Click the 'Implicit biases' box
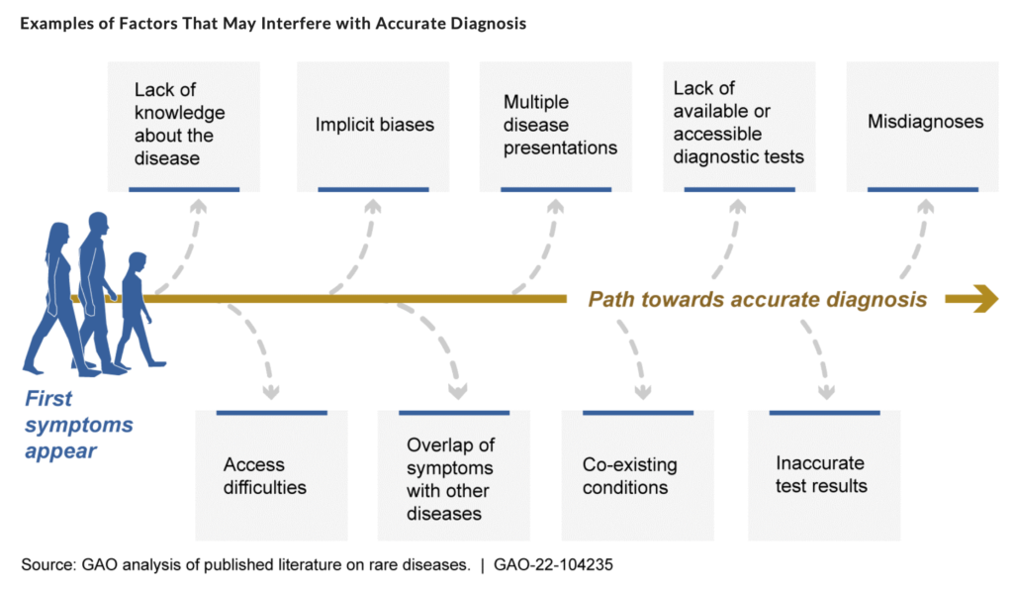pos(373,126)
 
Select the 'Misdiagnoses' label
pos(925,122)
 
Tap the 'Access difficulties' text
pos(265,476)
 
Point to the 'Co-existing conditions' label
pos(630,476)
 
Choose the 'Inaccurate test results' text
pos(821,474)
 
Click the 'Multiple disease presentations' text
pos(560,125)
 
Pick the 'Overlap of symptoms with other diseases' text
pos(450,479)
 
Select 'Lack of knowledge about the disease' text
pos(180,124)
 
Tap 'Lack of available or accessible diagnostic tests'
pos(738,122)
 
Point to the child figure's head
pos(137,262)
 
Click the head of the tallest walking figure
pos(99,223)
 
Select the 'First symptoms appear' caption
pos(79,425)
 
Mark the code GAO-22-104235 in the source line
pos(553,565)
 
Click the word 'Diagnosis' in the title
pos(489,24)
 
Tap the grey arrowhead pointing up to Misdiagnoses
pos(926,206)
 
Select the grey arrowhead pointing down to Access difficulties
pos(271,392)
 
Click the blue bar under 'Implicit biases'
pos(373,189)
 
